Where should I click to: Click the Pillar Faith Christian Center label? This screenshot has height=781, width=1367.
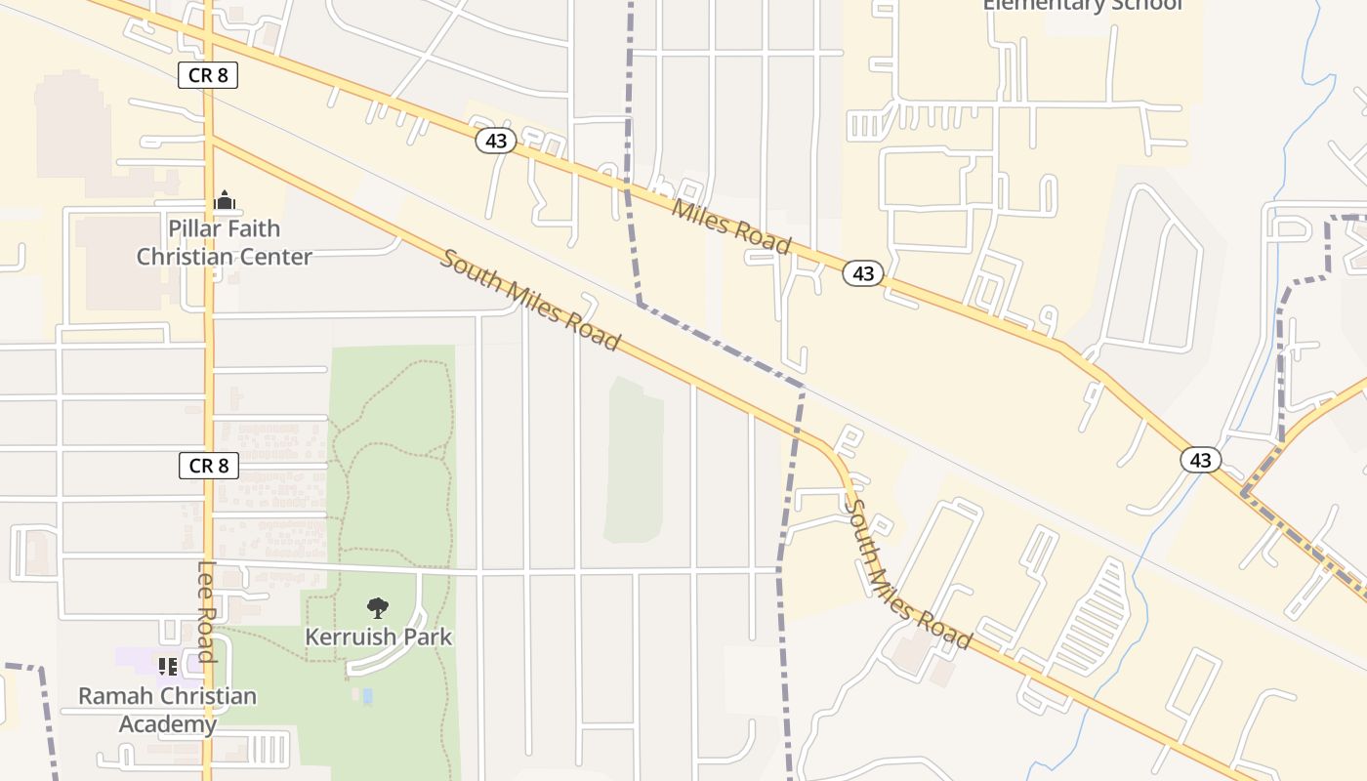(225, 242)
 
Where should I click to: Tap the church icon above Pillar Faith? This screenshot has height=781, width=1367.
(225, 200)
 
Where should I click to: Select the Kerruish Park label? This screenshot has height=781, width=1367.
(378, 637)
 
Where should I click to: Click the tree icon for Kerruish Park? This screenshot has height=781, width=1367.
(378, 608)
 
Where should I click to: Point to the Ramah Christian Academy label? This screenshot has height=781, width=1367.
(168, 710)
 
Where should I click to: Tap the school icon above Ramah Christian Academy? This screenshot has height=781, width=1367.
(168, 667)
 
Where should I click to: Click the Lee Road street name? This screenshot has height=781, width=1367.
(206, 611)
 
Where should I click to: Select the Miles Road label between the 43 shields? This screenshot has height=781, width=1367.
(730, 226)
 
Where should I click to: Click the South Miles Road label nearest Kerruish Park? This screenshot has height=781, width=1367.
(530, 300)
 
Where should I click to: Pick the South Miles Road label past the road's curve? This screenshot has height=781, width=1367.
(907, 576)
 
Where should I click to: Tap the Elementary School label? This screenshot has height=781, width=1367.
(1082, 5)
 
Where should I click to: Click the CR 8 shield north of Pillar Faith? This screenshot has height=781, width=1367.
(208, 75)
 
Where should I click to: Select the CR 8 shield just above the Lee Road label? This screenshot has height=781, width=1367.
(209, 466)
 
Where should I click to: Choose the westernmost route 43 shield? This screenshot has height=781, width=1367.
(496, 141)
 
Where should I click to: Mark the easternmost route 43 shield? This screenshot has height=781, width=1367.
(1200, 460)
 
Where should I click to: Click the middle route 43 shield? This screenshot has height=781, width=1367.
(863, 273)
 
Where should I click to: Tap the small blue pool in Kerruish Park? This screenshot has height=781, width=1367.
(367, 696)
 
